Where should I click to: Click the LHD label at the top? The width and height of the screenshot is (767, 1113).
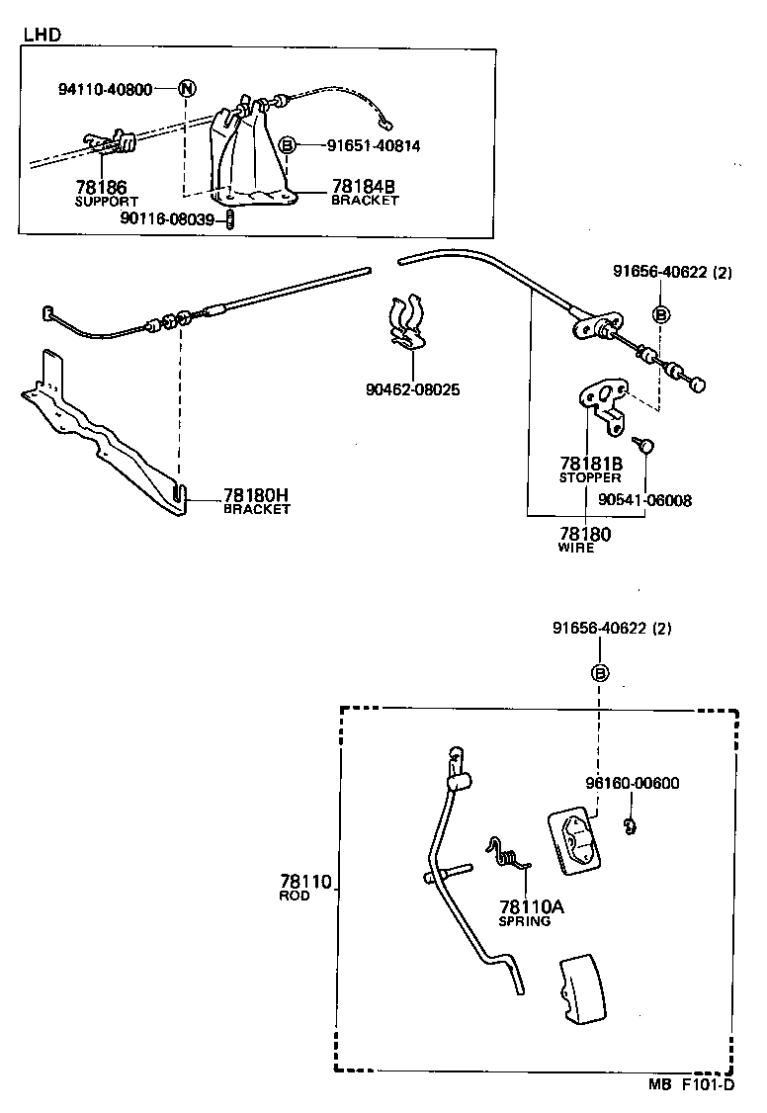coord(43,35)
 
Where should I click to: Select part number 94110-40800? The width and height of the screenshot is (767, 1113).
coord(105,89)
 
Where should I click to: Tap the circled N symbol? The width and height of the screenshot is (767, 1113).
coord(187,88)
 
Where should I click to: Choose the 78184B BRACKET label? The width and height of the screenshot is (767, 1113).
coord(365,192)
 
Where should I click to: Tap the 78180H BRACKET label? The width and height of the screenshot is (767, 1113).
coord(257,501)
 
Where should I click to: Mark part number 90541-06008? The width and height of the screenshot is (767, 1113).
coord(645,500)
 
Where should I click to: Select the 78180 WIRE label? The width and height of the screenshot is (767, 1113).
coord(585,540)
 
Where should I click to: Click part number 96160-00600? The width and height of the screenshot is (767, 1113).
coord(632,784)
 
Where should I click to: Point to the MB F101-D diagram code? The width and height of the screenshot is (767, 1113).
coord(691,1084)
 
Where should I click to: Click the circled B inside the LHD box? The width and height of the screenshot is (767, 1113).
coord(287,145)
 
